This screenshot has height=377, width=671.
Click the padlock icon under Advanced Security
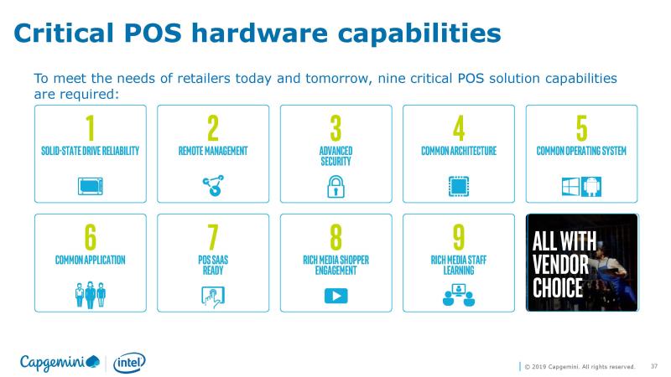pyautogui.click(x=336, y=186)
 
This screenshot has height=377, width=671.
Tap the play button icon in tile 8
pyautogui.click(x=336, y=296)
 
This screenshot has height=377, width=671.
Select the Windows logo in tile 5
pyautogui.click(x=570, y=187)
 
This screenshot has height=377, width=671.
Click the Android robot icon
pyautogui.click(x=591, y=187)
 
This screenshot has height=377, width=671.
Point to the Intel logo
pyautogui.click(x=129, y=363)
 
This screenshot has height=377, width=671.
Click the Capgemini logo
pyautogui.click(x=60, y=363)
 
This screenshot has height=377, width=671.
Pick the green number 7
pyautogui.click(x=213, y=237)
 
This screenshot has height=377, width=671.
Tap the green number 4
pyautogui.click(x=459, y=128)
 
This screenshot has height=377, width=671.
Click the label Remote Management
pyautogui.click(x=213, y=151)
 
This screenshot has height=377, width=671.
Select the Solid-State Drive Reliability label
pyautogui.click(x=91, y=151)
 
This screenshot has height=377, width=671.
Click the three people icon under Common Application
pyautogui.click(x=91, y=295)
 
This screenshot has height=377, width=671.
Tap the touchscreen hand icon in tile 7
pyautogui.click(x=213, y=297)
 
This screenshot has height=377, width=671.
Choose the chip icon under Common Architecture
pyautogui.click(x=459, y=187)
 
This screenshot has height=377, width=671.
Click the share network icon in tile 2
pyautogui.click(x=213, y=185)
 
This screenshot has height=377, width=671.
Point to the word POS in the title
pyautogui.click(x=153, y=33)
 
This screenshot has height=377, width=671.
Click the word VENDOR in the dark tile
pyautogui.click(x=560, y=264)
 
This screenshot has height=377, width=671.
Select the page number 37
pyautogui.click(x=654, y=366)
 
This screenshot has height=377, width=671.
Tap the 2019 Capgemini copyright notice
pyautogui.click(x=580, y=367)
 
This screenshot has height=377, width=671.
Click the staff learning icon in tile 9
pyautogui.click(x=459, y=295)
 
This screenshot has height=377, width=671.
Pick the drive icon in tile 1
pyautogui.click(x=91, y=186)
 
